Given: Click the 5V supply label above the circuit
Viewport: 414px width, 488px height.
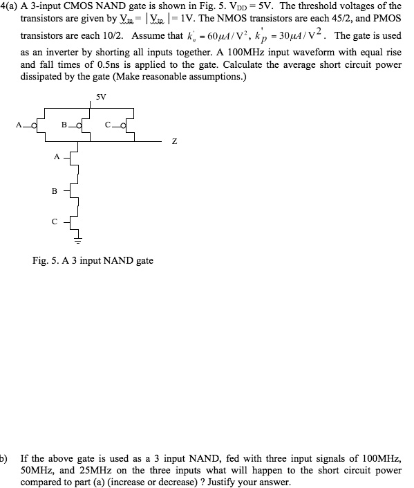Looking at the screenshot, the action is [x=101, y=97].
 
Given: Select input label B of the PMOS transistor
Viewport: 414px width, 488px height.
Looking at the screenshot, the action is [x=64, y=125].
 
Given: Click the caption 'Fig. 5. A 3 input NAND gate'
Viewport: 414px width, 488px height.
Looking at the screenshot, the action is [x=93, y=260].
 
